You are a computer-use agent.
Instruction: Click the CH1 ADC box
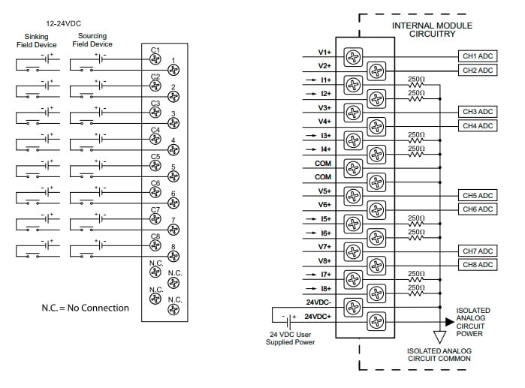pos(476,56)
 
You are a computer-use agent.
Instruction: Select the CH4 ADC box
pos(476,125)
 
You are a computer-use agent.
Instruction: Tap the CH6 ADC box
pos(476,209)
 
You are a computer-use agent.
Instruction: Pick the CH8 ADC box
pos(476,265)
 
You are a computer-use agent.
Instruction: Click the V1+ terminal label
pos(324,53)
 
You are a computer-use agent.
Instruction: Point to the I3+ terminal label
pos(324,135)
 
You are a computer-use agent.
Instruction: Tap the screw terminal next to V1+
pos(352,56)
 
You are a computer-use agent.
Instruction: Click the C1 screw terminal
pos(155,59)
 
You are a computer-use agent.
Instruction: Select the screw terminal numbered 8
pos(173,257)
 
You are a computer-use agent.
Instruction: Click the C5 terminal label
pos(155,156)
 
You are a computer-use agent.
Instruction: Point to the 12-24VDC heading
pos(63,23)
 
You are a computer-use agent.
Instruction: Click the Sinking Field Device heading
pos(37,40)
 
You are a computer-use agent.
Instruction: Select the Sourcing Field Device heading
pos(92,40)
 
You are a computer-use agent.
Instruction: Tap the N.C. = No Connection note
pos(85,308)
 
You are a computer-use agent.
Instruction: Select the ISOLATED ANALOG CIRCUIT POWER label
pos(472,322)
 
